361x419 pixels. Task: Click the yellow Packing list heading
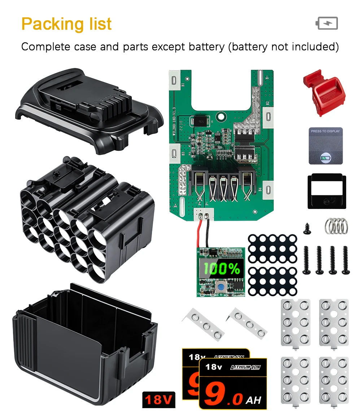(x=66, y=24)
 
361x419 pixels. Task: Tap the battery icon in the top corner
(x=327, y=23)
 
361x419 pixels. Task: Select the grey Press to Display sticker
(x=326, y=145)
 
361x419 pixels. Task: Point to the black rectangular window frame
(x=327, y=192)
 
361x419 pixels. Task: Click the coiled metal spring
(x=336, y=226)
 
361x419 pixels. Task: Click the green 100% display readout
(x=221, y=269)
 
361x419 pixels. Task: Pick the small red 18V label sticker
(x=159, y=399)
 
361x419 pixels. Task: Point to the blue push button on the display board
(x=220, y=288)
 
